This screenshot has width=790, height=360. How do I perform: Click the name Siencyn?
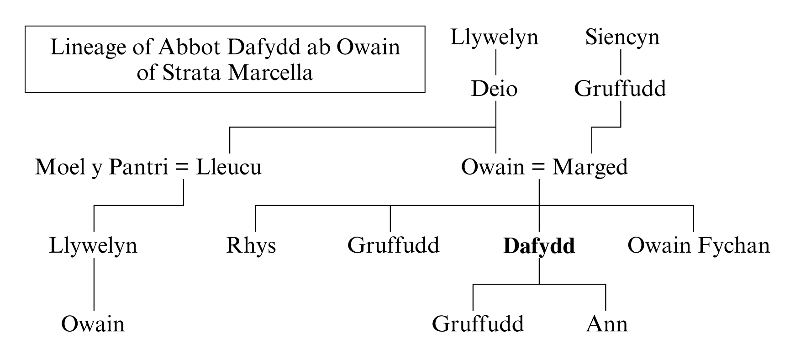[x=622, y=37]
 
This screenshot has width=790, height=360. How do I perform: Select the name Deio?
[x=494, y=89]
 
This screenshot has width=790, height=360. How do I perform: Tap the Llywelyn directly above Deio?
[x=494, y=37]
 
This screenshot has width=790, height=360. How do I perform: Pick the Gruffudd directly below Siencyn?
[x=620, y=89]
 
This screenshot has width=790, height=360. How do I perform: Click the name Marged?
[x=590, y=167]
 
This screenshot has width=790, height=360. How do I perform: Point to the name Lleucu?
[x=229, y=167]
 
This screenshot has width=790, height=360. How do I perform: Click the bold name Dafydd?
[x=539, y=246]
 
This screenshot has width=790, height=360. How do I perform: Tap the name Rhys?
[x=251, y=246]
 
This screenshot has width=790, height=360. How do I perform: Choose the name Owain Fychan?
[x=698, y=246]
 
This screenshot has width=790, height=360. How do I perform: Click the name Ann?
[x=606, y=324]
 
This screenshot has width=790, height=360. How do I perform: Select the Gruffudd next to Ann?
[x=478, y=324]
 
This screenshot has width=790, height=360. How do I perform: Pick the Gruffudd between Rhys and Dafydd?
[x=393, y=246]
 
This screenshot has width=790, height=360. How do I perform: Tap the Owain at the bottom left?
[x=93, y=324]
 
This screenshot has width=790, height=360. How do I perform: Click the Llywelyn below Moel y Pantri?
[x=93, y=246]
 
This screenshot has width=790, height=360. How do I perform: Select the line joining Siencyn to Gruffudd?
[x=621, y=62]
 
